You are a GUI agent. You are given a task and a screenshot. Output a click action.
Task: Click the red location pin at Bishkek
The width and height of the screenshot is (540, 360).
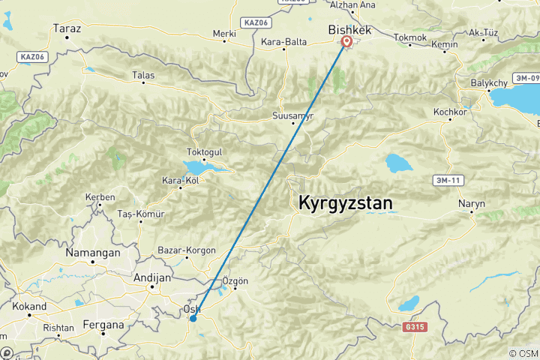pos(346,42)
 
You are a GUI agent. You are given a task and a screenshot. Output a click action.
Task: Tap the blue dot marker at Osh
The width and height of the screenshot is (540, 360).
pos(193,319)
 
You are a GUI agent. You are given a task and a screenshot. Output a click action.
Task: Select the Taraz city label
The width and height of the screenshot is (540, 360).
pos(66,28)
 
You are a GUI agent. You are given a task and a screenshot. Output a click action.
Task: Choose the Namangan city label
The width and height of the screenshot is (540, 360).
pos(93,253)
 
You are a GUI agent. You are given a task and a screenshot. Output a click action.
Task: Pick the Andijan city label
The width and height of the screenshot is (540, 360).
pos(152,277)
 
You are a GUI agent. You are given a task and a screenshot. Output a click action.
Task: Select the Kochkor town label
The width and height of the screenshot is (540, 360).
pos(451,112)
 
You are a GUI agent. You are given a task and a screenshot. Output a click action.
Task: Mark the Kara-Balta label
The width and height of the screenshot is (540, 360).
pos(283,42)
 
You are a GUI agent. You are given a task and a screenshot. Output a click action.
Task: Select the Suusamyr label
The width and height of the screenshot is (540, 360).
pos(292,116)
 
